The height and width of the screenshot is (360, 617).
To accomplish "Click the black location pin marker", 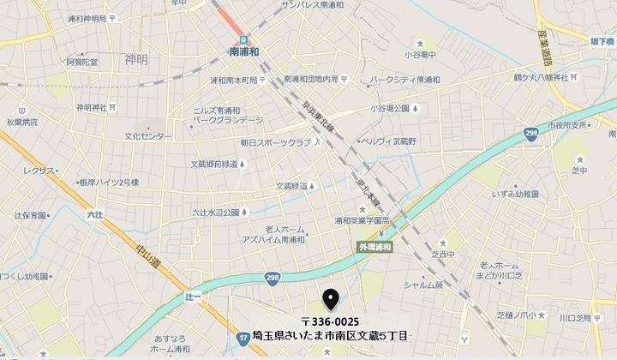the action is [x=330, y=298].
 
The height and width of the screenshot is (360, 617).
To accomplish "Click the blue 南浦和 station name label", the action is [x=244, y=51].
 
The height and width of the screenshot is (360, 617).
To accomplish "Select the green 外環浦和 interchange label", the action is [x=375, y=247].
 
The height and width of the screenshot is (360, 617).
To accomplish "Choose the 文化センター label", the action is [x=147, y=136].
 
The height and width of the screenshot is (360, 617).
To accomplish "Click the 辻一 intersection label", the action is [x=192, y=295].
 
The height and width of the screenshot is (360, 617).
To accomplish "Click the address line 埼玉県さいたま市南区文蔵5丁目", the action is [x=330, y=336].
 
